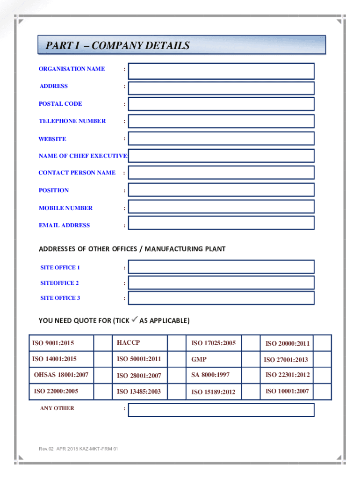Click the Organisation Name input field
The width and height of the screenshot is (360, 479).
coord(221,71)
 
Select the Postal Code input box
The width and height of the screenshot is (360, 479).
coord(221,104)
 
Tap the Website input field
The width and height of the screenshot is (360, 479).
coord(221,138)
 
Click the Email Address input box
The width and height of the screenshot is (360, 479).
coord(221,223)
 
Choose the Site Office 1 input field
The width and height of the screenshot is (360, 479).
coord(221,267)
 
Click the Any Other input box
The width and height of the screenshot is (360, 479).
coord(221,410)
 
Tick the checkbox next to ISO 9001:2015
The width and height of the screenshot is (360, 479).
coord(103,343)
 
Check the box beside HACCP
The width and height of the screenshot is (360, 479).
coord(176,343)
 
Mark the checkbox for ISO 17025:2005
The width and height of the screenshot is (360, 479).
coord(251,343)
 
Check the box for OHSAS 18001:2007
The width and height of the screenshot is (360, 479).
coord(103,375)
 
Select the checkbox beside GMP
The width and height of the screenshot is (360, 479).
coord(251,360)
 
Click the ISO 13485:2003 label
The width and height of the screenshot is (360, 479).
coord(139,392)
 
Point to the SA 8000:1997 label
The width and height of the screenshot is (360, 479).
coord(210,375)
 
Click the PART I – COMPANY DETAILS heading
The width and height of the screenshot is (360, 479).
coord(118,46)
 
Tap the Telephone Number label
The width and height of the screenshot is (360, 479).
coord(72,121)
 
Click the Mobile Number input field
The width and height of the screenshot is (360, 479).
coord(221,207)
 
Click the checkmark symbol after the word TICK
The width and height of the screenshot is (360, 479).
coord(134,320)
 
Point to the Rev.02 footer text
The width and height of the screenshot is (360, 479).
coord(79,449)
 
